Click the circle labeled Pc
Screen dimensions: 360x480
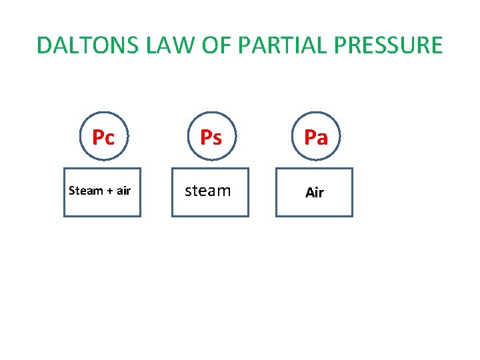pyautogui.click(x=103, y=137)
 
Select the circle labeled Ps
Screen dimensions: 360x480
pyautogui.click(x=211, y=137)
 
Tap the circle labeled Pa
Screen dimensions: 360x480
pyautogui.click(x=315, y=137)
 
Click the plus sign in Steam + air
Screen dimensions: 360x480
pyautogui.click(x=109, y=191)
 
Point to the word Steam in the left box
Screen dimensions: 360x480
pyautogui.click(x=85, y=191)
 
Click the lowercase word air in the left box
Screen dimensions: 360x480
pyautogui.click(x=123, y=191)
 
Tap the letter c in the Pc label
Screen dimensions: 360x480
pyautogui.click(x=110, y=139)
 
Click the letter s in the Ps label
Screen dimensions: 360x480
pyautogui.click(x=217, y=138)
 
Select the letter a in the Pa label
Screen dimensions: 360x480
pyautogui.click(x=323, y=139)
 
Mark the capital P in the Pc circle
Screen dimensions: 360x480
pyautogui.click(x=98, y=137)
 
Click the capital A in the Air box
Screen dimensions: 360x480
pyautogui.click(x=309, y=193)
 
